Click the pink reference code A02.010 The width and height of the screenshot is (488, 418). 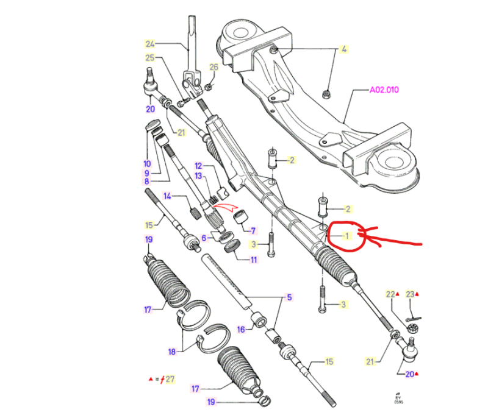tap(384, 90)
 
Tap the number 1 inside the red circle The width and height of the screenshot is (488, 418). tap(347, 236)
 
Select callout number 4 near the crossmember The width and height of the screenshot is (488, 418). tap(343, 49)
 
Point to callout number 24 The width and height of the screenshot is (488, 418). tap(149, 44)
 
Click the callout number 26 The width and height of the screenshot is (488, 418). tap(214, 67)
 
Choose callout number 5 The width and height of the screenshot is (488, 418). tap(289, 297)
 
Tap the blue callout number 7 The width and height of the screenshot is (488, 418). tap(253, 230)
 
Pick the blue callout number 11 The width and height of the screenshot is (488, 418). tap(254, 260)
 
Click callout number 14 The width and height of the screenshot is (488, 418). tap(167, 196)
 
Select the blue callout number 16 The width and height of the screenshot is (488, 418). tap(241, 330)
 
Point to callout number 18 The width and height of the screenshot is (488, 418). tap(172, 352)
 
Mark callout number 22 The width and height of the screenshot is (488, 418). tap(390, 294)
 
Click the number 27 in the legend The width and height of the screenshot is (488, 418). tap(170, 379)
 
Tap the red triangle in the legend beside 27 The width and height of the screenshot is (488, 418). tap(151, 379)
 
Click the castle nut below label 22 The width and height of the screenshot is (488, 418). tap(412, 328)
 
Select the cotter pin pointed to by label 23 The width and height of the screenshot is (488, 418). tap(414, 319)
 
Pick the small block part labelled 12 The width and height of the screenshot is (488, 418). tap(223, 194)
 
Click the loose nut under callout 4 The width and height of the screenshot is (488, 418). tap(326, 94)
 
